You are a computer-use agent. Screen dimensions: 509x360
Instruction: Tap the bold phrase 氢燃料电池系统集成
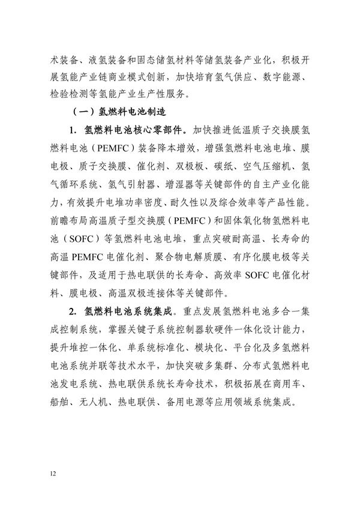pyautogui.click(x=130, y=312)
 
